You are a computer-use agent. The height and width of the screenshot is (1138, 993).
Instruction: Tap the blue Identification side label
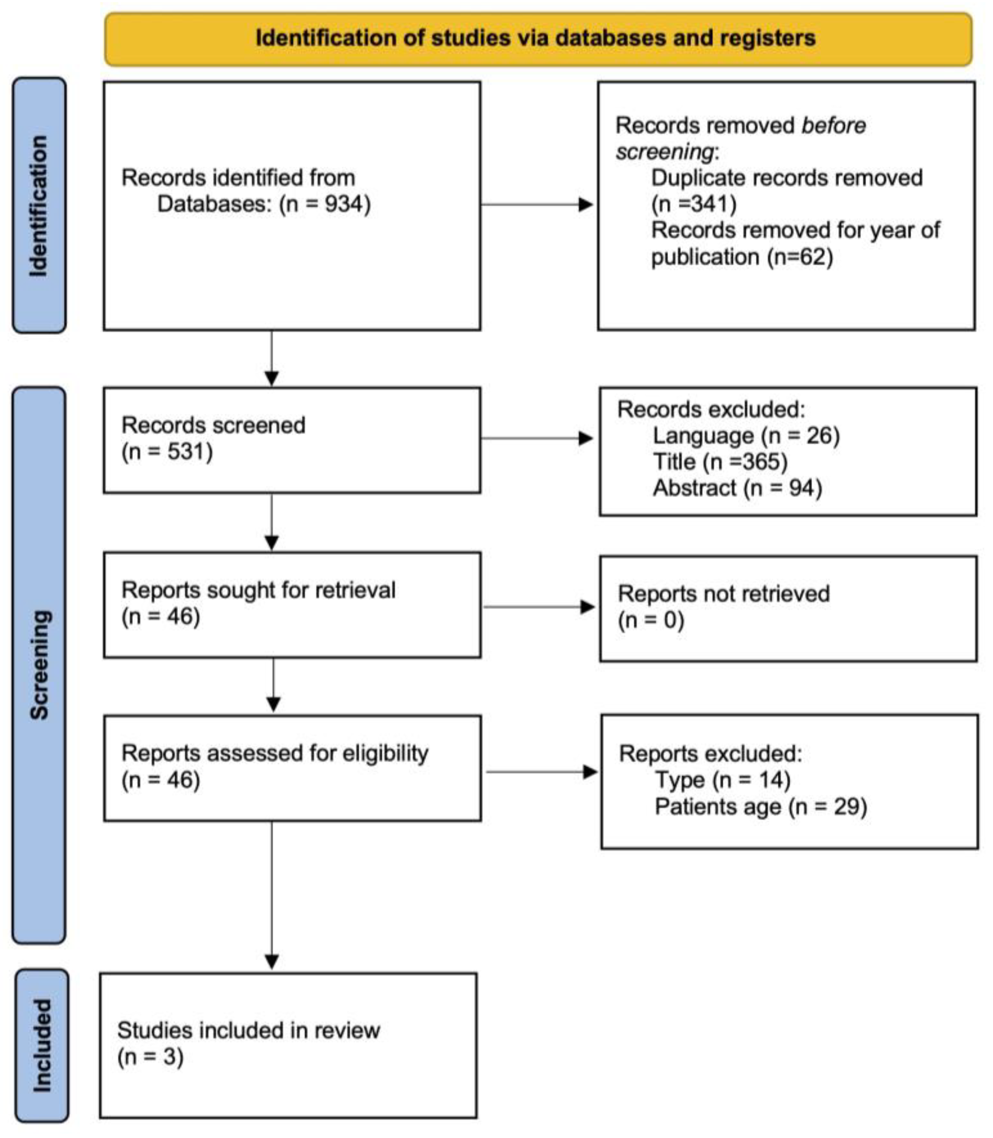[39, 205]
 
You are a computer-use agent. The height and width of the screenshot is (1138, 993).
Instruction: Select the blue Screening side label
[39, 665]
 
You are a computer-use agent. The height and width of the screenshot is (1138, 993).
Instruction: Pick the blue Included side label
[42, 1045]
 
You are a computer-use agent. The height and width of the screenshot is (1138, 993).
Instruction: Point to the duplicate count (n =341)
[693, 204]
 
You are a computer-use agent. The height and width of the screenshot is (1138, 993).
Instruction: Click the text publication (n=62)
[741, 257]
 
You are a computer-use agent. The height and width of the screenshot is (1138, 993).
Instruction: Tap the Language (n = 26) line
[746, 435]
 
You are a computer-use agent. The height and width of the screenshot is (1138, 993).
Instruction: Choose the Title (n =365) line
[720, 462]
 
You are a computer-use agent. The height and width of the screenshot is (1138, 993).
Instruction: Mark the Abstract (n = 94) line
[737, 488]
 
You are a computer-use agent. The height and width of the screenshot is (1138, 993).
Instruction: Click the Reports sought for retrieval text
[258, 590]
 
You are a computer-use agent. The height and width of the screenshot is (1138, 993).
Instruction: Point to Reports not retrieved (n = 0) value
[651, 620]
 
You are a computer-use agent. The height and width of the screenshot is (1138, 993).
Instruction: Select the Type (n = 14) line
[722, 780]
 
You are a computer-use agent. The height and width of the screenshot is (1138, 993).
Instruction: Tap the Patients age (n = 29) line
[760, 807]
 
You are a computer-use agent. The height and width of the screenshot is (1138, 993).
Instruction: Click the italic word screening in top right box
[664, 152]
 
